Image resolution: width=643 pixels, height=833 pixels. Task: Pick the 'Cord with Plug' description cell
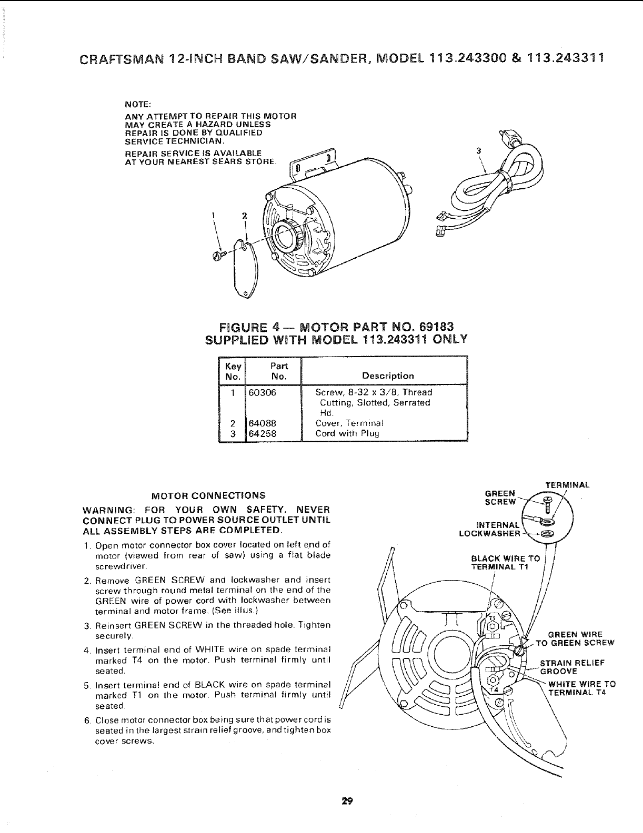(347, 434)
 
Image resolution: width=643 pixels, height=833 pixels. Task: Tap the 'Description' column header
(388, 376)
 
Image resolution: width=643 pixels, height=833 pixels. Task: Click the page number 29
(346, 801)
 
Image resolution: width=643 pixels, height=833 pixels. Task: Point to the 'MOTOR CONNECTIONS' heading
(208, 495)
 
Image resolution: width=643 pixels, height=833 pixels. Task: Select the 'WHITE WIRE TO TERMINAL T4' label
(581, 688)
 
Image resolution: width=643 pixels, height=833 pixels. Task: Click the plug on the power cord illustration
(510, 138)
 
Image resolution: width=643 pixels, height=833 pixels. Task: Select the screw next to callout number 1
(218, 255)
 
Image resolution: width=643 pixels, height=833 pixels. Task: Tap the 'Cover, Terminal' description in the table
(349, 423)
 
